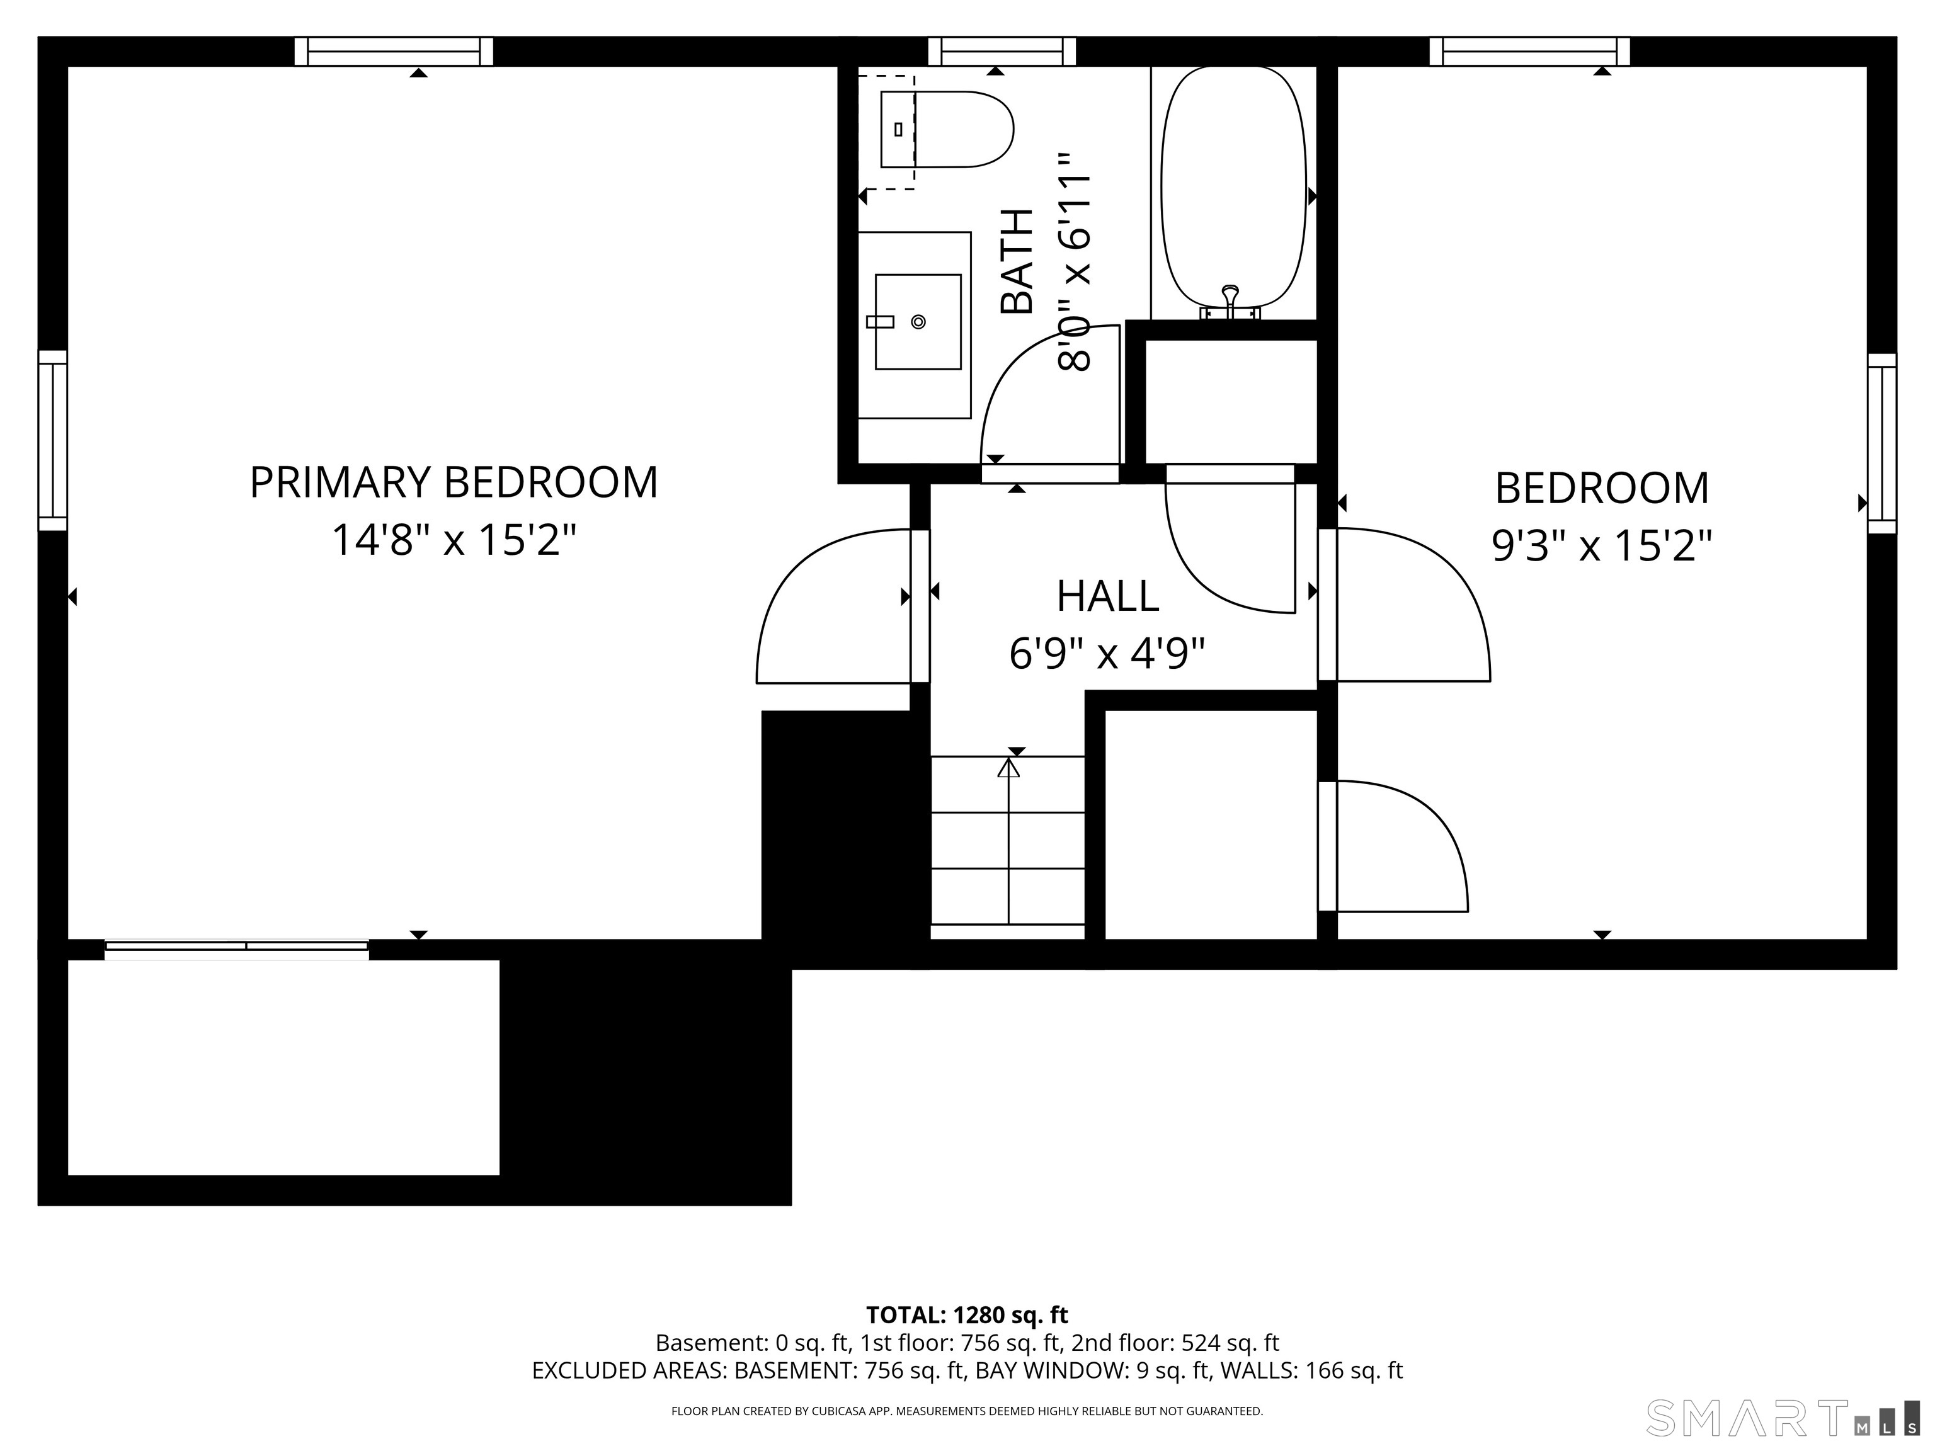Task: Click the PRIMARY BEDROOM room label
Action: (453, 483)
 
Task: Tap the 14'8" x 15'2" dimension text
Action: (454, 540)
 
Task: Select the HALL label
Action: (1107, 596)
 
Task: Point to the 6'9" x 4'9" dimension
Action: (1107, 653)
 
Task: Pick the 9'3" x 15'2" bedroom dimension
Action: (1601, 547)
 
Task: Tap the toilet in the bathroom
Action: (947, 130)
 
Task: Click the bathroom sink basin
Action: (918, 321)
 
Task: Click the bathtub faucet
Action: (1230, 302)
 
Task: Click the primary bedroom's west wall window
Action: (52, 441)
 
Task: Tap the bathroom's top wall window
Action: (1002, 52)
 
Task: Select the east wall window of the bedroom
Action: (1881, 443)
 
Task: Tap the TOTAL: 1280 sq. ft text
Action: (967, 1316)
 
